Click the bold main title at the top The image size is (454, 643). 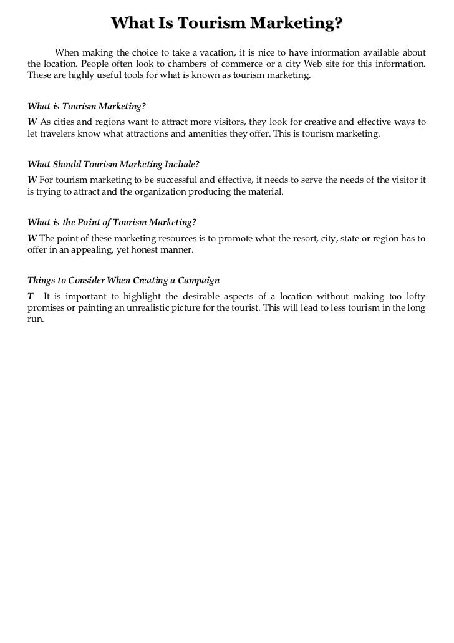point(227,24)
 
